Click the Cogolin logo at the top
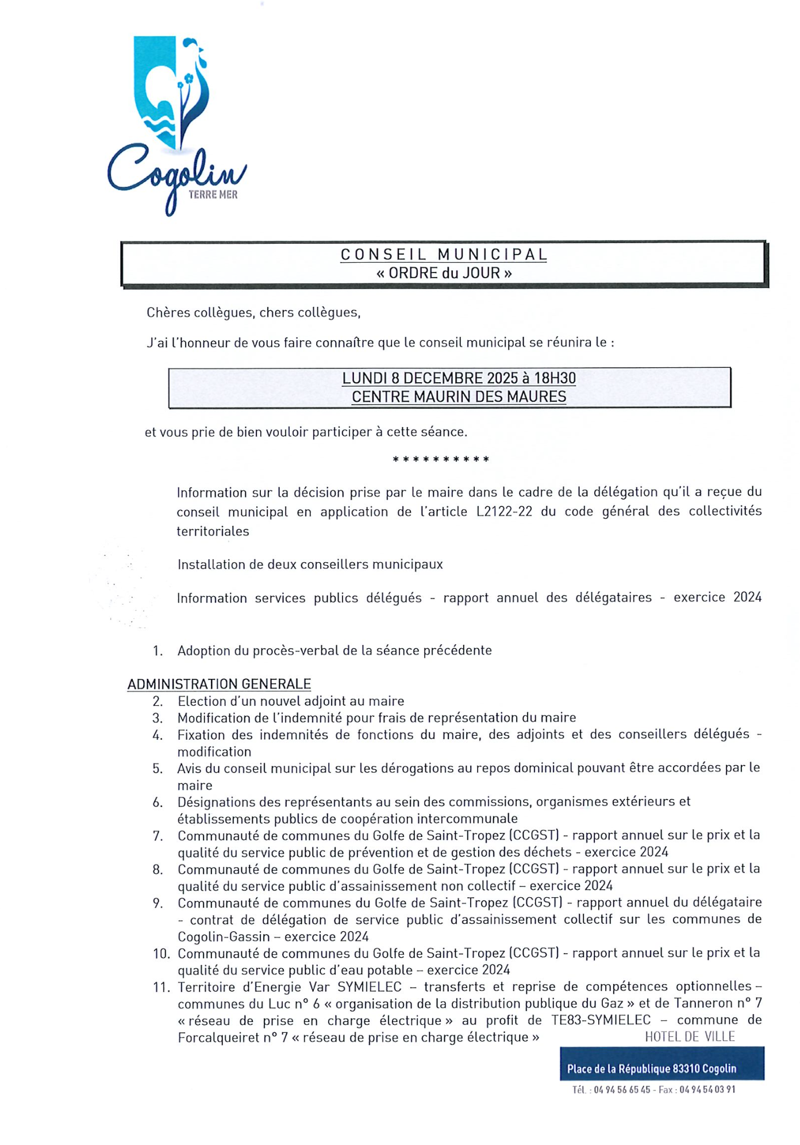tap(172, 124)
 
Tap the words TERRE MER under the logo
tap(213, 195)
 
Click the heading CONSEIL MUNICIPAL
tap(443, 255)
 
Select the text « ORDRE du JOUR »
tap(443, 273)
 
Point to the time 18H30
tap(555, 378)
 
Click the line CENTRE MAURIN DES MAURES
tap(459, 397)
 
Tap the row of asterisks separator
tap(441, 459)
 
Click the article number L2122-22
tap(504, 512)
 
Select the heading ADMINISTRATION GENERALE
tap(219, 684)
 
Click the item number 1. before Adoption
tap(157, 651)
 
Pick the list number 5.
tap(157, 769)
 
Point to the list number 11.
tap(161, 988)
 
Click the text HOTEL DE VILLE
tap(689, 1036)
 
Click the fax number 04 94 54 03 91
tap(707, 1089)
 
